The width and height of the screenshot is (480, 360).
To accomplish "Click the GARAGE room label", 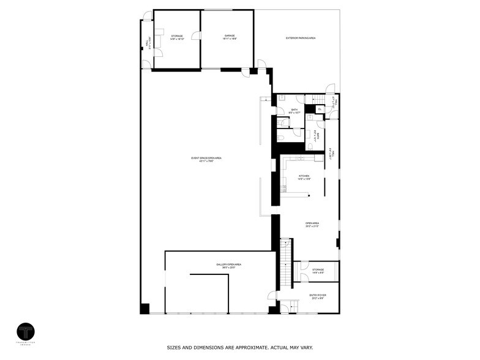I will [230, 36].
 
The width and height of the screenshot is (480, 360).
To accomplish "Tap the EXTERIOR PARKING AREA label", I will [301, 38].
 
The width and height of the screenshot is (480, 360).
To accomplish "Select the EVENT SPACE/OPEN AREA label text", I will [206, 158].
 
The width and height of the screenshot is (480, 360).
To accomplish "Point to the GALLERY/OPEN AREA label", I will [228, 264].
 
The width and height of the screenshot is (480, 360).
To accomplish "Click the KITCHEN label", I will [304, 176].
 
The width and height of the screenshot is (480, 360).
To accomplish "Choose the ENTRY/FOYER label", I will [318, 295].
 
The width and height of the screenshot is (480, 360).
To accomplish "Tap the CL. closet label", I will [320, 109].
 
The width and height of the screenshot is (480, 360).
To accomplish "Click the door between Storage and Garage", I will [197, 37].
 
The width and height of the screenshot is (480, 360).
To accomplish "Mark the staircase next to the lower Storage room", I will [285, 263].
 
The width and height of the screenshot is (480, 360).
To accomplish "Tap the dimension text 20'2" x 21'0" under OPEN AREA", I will [312, 227].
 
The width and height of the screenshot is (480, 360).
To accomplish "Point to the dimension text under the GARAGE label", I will [230, 39].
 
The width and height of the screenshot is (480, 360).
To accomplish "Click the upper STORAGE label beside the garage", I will [177, 36].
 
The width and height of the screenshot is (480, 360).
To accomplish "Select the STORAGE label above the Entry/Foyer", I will [318, 269].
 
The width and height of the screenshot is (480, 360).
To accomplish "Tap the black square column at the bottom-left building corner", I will [144, 309].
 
